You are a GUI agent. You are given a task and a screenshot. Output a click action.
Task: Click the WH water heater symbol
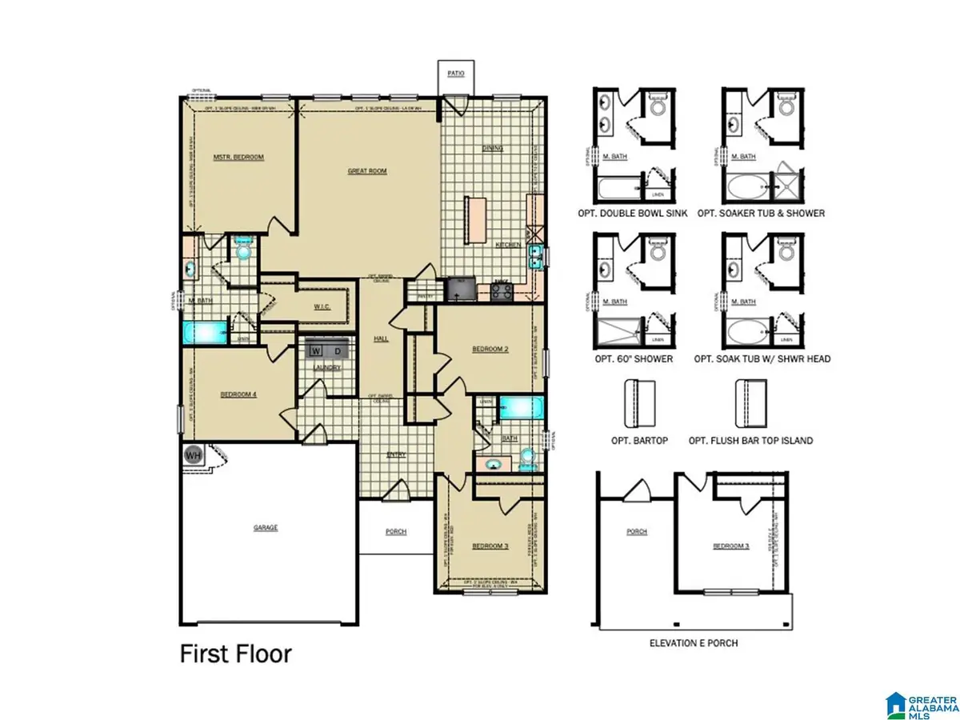click(193, 455)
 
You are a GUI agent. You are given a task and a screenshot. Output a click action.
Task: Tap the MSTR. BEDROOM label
click(238, 157)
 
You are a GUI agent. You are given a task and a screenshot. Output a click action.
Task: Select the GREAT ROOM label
click(367, 170)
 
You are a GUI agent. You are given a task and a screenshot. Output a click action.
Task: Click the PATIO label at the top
click(455, 74)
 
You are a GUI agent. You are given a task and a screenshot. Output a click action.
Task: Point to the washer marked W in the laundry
click(315, 350)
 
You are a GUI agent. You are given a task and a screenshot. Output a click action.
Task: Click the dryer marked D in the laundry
click(338, 350)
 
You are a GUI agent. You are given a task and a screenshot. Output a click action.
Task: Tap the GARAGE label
click(266, 527)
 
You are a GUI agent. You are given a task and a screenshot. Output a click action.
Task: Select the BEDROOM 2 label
click(490, 349)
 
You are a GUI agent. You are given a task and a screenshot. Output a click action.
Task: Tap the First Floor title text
click(234, 654)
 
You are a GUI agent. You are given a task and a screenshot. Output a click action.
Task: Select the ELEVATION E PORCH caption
click(694, 642)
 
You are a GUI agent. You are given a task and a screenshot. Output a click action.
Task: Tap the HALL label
click(381, 339)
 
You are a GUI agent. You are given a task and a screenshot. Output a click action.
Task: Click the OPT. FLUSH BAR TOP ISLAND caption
click(762, 440)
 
